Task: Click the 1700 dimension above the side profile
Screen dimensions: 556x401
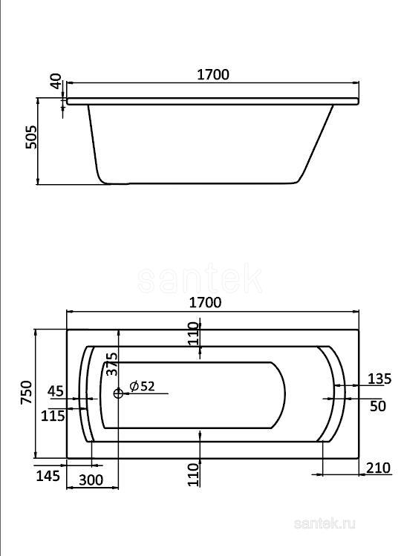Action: (212, 74)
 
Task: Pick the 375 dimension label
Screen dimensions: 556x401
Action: (110, 365)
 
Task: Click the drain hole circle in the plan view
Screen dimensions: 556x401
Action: (118, 393)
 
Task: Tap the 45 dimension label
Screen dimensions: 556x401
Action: (55, 390)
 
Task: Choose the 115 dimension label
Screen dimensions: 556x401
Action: (53, 416)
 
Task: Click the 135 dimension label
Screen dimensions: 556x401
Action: (379, 379)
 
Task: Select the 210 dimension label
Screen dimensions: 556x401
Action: (379, 468)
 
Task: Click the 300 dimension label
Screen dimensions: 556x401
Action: (91, 480)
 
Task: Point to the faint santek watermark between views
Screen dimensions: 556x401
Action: (200, 280)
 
